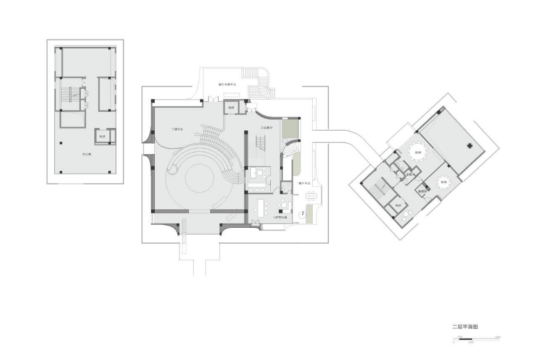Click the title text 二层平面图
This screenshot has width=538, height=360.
pos(465,327)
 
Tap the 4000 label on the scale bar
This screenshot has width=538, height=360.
pos(498,337)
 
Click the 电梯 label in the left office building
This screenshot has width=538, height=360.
pos(102,137)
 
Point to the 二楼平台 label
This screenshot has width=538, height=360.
pos(177,129)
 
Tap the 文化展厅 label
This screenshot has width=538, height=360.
pos(266,127)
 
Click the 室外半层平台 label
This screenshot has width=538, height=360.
pos(227,84)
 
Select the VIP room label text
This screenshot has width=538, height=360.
pos(280,218)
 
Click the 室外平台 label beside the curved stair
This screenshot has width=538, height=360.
pos(304,184)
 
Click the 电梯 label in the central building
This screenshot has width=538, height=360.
pos(231,108)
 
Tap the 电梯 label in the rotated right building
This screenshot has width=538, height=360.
pos(398,205)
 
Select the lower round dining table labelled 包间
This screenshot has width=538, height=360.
pos(444,182)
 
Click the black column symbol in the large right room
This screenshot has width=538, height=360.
pos(469,146)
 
